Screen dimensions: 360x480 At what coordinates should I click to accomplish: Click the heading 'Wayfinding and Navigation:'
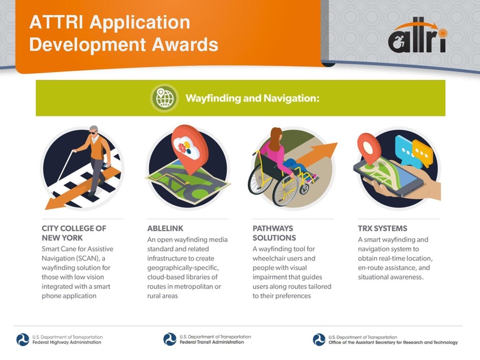251,97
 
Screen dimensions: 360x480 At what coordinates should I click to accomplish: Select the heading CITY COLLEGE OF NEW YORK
74,233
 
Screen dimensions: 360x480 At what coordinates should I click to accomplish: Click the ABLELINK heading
165,229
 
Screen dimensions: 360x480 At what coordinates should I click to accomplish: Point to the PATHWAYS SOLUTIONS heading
274,233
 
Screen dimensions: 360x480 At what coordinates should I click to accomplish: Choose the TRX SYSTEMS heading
382,229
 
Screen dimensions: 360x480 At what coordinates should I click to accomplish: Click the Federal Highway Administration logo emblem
23,340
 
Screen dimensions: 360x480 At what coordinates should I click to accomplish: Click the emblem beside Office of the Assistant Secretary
319,340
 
